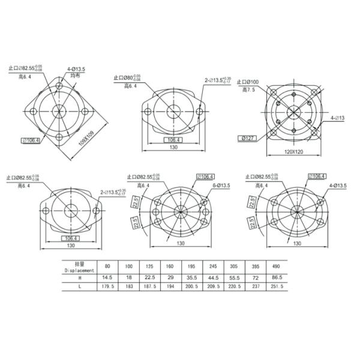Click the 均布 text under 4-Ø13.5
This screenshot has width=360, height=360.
74,76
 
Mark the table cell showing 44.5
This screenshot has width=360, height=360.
210,278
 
